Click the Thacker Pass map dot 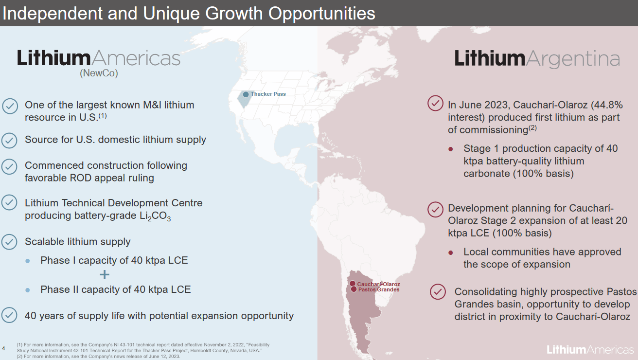[x=246, y=94]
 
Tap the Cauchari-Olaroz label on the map [x=378, y=284]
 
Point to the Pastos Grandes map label [x=378, y=290]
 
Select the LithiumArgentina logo [x=537, y=59]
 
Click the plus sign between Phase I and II [x=105, y=275]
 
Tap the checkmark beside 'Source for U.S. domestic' [x=10, y=140]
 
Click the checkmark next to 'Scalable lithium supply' [x=10, y=242]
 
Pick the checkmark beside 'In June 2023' [x=435, y=104]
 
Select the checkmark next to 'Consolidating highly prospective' [x=438, y=292]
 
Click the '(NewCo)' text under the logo [x=99, y=73]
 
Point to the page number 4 [x=4, y=348]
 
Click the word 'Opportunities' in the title [x=322, y=13]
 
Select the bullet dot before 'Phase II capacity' [x=28, y=290]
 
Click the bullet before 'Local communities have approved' [x=451, y=252]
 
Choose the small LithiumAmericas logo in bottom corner [x=590, y=349]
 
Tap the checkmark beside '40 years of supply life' [x=10, y=315]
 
